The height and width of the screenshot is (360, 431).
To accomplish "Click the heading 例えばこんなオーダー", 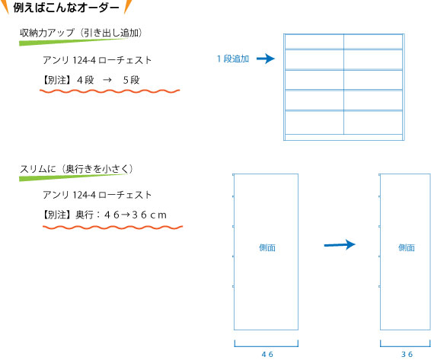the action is pos(66,8).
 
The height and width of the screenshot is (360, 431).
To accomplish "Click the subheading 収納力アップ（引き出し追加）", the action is pos(81,33).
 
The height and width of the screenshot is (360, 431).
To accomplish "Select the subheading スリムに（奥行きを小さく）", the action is pos(76,169).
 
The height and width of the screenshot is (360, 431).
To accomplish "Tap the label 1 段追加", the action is pos(233,59).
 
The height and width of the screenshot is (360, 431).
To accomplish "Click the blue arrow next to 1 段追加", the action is pos(266,59).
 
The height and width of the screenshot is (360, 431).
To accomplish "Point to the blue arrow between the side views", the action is pos(340,244).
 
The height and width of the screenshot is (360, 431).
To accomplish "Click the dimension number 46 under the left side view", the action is pos(267,354).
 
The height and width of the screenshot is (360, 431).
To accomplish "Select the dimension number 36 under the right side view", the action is pos(407,354).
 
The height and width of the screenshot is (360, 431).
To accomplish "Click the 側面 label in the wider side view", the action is pos(267,247).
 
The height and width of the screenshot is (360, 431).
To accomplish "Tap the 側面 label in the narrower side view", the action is pos(407,247).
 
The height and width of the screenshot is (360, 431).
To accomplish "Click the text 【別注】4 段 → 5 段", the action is pos(91,80).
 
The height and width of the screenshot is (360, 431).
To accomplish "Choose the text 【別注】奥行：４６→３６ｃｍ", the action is pos(104,215).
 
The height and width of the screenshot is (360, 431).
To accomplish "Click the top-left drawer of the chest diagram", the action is pos(314,42).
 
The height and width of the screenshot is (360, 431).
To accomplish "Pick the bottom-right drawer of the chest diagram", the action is pos(373,123).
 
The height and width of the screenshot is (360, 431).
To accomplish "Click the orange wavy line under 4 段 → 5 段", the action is pos(110,91).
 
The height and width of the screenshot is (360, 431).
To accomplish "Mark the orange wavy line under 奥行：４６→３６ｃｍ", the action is pos(113,228).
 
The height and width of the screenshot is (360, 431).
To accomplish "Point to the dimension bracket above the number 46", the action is pos(266,345).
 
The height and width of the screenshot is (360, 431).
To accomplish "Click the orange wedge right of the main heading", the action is pos(127,6).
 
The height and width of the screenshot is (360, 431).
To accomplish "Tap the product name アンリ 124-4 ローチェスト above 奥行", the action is pos(97,195).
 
